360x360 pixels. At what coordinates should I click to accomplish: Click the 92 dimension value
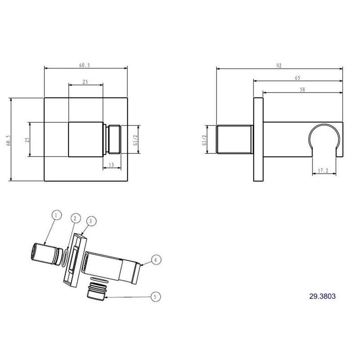279,66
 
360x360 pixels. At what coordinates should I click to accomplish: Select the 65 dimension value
297,78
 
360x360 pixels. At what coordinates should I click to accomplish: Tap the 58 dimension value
302,90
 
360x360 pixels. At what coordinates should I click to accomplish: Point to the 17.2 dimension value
323,171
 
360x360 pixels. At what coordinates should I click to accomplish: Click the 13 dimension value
111,165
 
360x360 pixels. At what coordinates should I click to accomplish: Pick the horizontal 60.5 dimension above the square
85,65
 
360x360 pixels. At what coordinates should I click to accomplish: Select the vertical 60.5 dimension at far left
8,140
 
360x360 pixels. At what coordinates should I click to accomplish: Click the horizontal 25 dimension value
85,82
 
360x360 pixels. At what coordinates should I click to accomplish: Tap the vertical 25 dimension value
27,140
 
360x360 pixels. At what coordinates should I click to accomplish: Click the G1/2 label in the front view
135,140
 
